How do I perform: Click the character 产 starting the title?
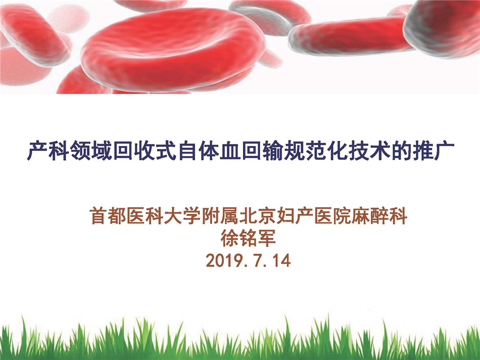pyautogui.click(x=37, y=151)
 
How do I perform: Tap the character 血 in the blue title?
pyautogui.click(x=230, y=151)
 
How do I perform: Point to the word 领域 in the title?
pyautogui.click(x=91, y=151)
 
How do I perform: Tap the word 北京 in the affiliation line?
pyautogui.click(x=258, y=216)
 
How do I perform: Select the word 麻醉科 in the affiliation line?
pyautogui.click(x=380, y=216)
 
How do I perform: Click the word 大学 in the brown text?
pyautogui.click(x=182, y=216)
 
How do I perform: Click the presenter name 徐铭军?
pyautogui.click(x=248, y=238)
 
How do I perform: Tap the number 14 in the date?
pyautogui.click(x=281, y=261)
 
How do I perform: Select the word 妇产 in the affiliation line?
pyautogui.click(x=295, y=216)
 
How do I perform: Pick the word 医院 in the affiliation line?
pyautogui.click(x=333, y=216)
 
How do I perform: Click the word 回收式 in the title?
pyautogui.click(x=144, y=151)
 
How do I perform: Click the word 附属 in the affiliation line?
pyautogui.click(x=220, y=216)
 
